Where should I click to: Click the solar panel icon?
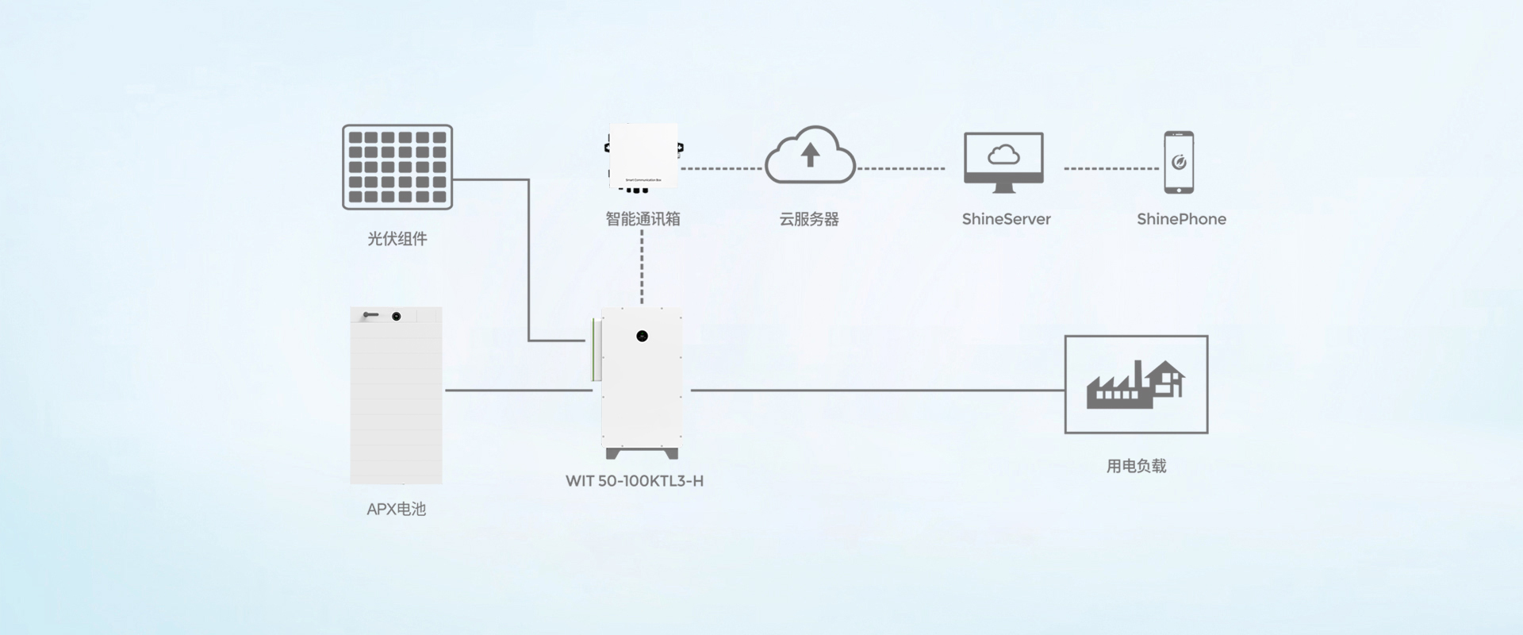coord(397,167)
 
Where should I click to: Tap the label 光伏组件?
coord(397,239)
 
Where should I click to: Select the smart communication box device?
coord(643,156)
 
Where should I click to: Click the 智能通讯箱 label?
coord(643,219)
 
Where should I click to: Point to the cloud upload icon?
coord(809,156)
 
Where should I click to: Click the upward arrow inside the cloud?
coord(810,155)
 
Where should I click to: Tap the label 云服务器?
coord(809,219)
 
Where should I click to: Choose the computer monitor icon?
coord(1003,162)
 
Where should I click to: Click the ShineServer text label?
coord(1006,219)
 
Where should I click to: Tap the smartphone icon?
coord(1179,162)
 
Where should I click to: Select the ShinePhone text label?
coord(1181,219)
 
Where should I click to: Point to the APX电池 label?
coord(397,510)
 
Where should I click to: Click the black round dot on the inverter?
coord(642,337)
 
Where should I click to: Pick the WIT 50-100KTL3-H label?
coord(635,481)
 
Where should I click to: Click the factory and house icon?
coord(1136,384)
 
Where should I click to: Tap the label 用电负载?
coord(1136,467)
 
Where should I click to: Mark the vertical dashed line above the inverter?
coord(642,268)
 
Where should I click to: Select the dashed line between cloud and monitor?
coord(901,168)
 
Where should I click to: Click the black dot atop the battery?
coord(397,317)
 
